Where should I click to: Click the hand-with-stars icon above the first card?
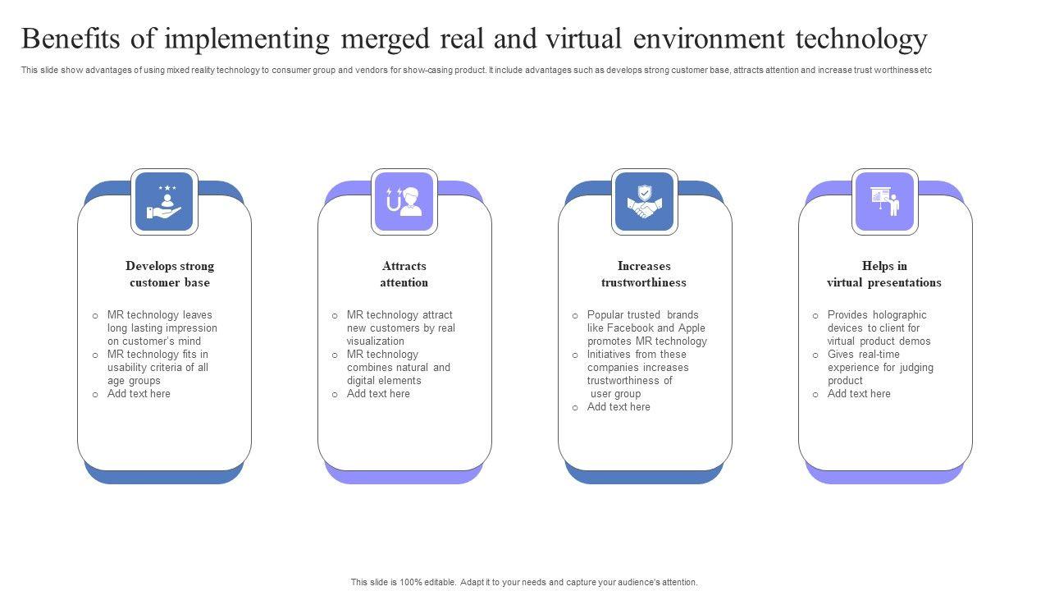coord(164,202)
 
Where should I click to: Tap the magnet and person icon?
coord(404,202)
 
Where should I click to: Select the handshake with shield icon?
coord(645,202)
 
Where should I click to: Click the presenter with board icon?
coord(885,202)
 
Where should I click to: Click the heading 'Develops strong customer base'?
coord(170,274)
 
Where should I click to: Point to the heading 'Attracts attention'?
coord(404,274)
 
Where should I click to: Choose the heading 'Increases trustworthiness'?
coord(644,274)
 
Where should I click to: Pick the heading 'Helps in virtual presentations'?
coord(884,274)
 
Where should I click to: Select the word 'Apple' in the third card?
coord(692,328)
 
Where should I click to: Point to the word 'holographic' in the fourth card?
coord(899,315)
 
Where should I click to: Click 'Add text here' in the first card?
coord(139,394)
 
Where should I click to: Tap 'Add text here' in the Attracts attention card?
coord(378,394)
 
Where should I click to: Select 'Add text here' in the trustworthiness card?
coord(619,407)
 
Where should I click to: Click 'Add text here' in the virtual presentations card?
coord(859,394)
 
